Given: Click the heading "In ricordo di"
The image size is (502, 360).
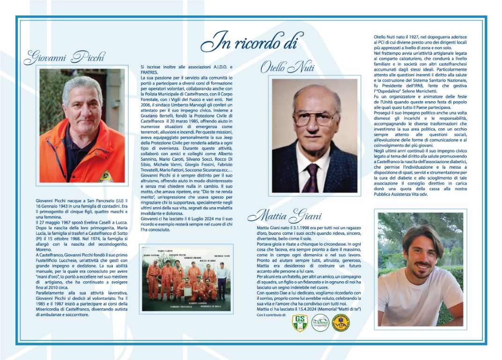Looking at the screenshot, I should coord(249,43).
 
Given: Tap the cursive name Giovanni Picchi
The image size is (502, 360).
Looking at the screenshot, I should coord(65,58).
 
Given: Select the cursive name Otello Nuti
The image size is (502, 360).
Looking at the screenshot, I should coord(287,67).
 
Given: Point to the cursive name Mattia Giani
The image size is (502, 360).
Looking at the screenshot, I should coord(285,216).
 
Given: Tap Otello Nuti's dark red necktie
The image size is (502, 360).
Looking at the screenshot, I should coord(310,178).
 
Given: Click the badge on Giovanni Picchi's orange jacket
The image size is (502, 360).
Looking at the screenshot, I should coord(106,176).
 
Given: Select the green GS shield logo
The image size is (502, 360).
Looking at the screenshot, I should coord(300,322).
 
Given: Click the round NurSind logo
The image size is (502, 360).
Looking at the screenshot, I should coord(320,322).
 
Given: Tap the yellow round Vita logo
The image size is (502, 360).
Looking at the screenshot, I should coord(341,322).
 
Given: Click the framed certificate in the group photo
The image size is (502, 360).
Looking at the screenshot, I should coord(187,292).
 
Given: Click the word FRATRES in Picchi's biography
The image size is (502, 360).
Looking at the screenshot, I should coord(150,72).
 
